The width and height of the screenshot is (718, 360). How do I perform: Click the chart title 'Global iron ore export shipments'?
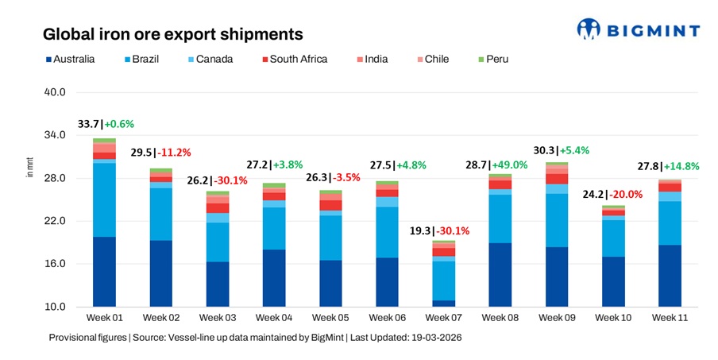pyautogui.click(x=172, y=34)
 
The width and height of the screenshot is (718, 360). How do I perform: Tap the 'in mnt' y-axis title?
pyautogui.click(x=30, y=168)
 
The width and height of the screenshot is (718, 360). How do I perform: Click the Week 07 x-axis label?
pyautogui.click(x=442, y=318)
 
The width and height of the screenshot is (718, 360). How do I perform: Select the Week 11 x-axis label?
pyautogui.click(x=669, y=318)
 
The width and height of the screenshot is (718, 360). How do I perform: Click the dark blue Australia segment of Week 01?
pyautogui.click(x=104, y=271)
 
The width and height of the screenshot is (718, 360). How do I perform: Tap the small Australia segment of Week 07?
pyautogui.click(x=443, y=304)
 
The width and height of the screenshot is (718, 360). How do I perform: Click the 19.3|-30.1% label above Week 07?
pyautogui.click(x=446, y=230)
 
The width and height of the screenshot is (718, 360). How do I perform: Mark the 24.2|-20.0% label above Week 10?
pyautogui.click(x=612, y=193)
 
